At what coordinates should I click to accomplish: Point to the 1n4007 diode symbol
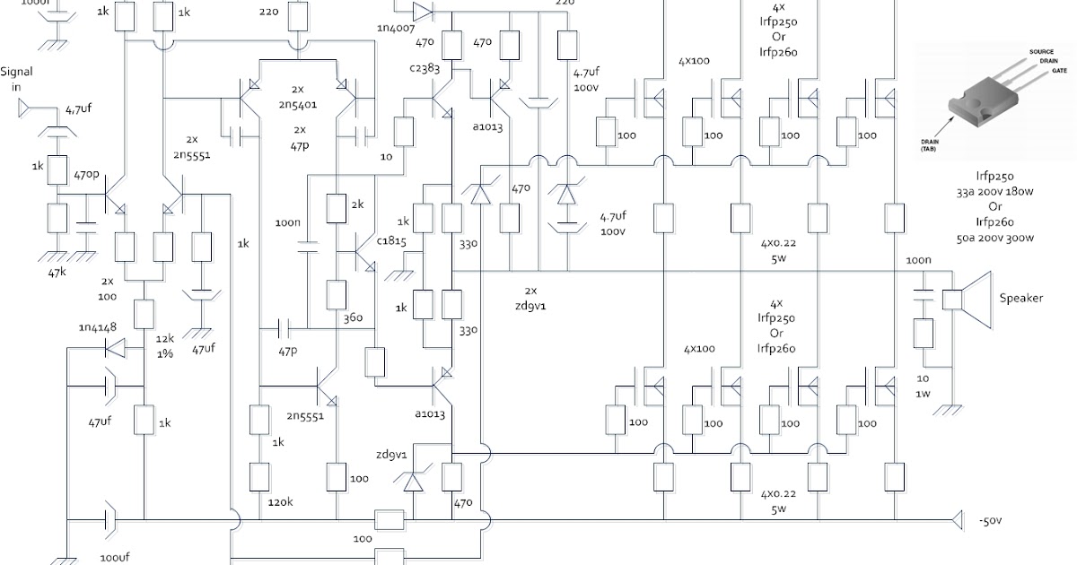422,12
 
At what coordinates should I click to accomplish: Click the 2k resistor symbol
337,209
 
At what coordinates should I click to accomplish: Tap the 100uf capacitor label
116,557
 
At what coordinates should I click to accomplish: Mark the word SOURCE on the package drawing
1042,53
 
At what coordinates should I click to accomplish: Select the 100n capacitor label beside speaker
918,260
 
